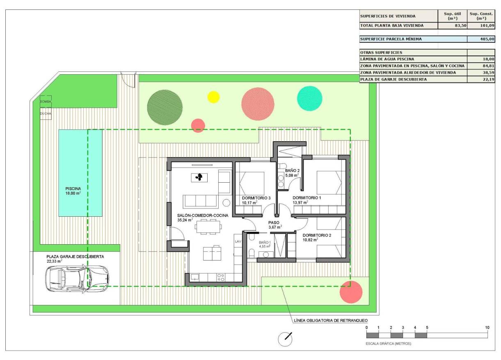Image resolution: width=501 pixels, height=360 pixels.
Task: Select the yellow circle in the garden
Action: pyautogui.click(x=213, y=97)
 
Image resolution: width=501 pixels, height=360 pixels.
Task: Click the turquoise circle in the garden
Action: pyautogui.click(x=310, y=99)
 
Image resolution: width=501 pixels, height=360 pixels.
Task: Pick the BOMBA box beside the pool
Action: pyautogui.click(x=46, y=101)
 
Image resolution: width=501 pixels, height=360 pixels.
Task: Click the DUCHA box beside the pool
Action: pyautogui.click(x=46, y=113)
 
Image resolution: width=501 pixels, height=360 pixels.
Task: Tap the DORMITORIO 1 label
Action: pyautogui.click(x=307, y=198)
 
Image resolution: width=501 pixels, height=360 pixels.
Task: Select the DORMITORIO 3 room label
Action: pyautogui.click(x=256, y=198)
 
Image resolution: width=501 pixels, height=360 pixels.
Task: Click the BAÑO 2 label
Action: pyautogui.click(x=293, y=170)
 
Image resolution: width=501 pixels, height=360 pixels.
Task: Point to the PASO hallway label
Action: pyautogui.click(x=274, y=223)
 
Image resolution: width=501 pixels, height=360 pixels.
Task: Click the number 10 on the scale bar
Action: pyautogui.click(x=487, y=327)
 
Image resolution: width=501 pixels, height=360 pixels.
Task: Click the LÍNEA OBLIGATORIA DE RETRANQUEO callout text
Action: pyautogui.click(x=331, y=320)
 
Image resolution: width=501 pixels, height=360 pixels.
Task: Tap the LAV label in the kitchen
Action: pyautogui.click(x=238, y=242)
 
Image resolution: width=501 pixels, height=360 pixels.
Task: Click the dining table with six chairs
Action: pyautogui.click(x=208, y=227)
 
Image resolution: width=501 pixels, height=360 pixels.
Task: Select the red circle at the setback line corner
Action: pyautogui.click(x=351, y=292)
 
